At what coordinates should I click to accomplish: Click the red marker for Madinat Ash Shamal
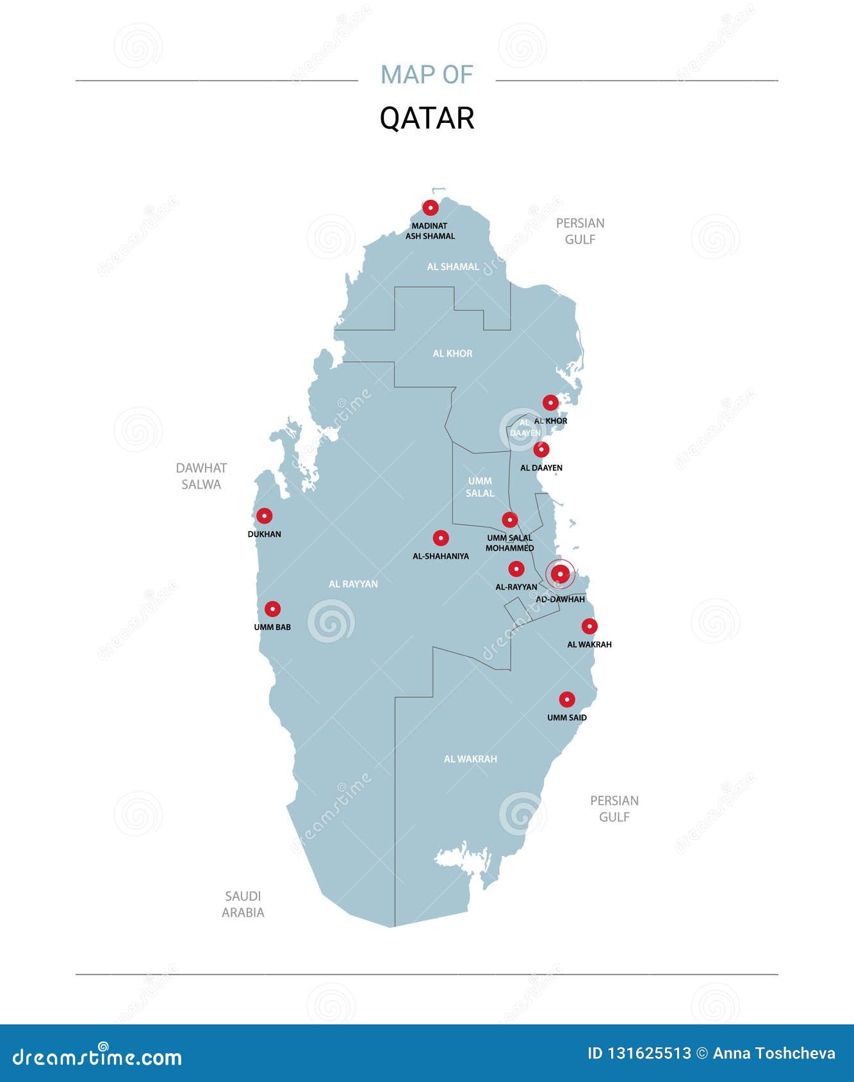[431, 207]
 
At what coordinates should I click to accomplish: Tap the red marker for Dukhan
[265, 516]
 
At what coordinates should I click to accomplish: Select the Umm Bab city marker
[273, 609]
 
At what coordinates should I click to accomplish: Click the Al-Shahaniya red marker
[441, 538]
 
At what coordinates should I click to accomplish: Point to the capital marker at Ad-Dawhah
[560, 574]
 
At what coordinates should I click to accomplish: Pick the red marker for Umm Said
[567, 699]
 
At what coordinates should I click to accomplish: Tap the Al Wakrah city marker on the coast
[589, 626]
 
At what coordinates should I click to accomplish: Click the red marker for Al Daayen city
[541, 449]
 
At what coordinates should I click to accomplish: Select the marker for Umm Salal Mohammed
[510, 520]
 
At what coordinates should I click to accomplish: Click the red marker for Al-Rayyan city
[516, 569]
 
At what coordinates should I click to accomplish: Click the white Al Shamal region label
[453, 266]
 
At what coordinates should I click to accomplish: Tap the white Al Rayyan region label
[353, 584]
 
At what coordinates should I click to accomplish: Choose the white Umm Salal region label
[480, 487]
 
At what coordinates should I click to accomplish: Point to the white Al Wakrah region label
[470, 759]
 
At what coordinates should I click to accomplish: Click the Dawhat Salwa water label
[201, 476]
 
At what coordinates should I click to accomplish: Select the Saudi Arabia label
[243, 904]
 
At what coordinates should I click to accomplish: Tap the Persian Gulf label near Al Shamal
[580, 231]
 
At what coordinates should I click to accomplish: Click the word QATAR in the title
[427, 118]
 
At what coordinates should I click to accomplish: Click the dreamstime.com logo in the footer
[97, 1058]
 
